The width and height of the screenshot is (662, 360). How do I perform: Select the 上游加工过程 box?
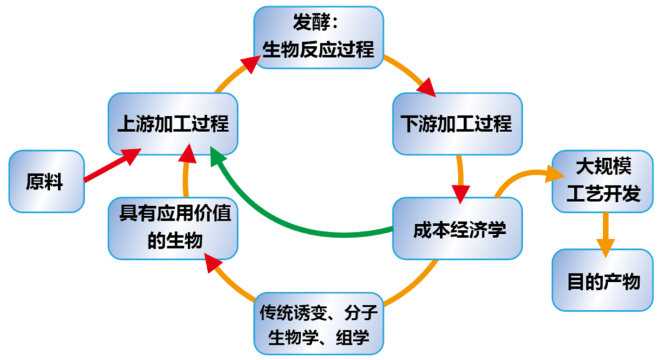pyautogui.click(x=173, y=124)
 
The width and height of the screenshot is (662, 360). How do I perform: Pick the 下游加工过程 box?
pyautogui.click(x=457, y=124)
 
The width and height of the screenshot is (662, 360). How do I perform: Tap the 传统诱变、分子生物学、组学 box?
pyautogui.click(x=319, y=323)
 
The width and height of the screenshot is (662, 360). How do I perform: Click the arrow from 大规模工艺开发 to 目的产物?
pyautogui.click(x=604, y=233)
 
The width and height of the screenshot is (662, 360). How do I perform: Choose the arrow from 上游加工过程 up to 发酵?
pyautogui.click(x=234, y=73)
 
